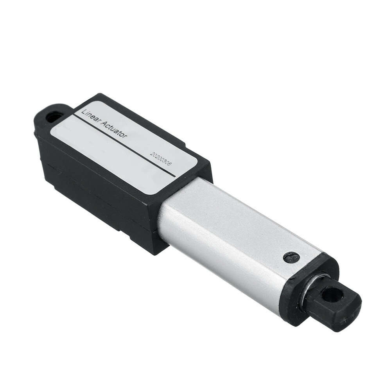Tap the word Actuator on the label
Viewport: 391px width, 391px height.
click(113, 129)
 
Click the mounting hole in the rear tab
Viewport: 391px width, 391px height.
click(54, 117)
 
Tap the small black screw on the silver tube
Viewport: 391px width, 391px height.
click(291, 257)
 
